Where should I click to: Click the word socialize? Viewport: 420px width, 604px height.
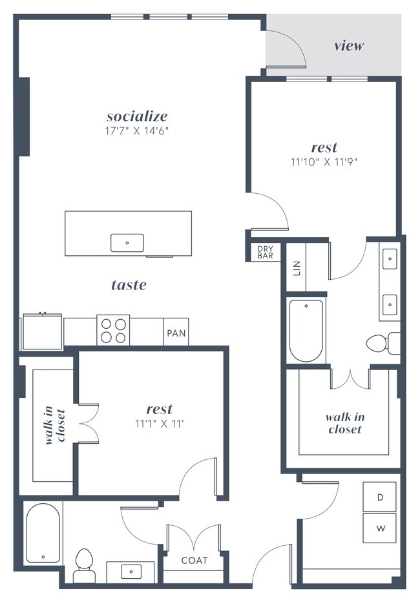(x=137, y=116)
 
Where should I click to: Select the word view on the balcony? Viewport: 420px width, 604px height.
(x=349, y=46)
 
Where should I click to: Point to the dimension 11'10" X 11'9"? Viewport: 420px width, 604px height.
(x=324, y=162)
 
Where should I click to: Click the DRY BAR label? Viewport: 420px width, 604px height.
(x=266, y=252)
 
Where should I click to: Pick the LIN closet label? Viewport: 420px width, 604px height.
(x=297, y=267)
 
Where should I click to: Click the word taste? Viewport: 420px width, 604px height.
(x=129, y=284)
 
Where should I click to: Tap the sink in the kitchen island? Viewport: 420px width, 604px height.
(x=127, y=243)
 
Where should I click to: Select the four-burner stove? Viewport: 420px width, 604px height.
(x=113, y=330)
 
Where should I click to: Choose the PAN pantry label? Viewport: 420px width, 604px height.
(x=176, y=334)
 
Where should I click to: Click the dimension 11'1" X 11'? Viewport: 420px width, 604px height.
(x=159, y=424)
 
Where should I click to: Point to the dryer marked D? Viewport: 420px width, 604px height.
(x=381, y=497)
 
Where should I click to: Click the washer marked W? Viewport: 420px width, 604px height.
(x=381, y=528)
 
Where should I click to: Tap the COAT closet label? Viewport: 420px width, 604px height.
(x=194, y=560)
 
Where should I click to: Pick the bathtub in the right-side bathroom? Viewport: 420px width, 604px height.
(x=306, y=331)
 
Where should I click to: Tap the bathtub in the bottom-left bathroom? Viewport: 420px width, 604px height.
(x=43, y=533)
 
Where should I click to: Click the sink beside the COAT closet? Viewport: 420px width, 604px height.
(x=132, y=571)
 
